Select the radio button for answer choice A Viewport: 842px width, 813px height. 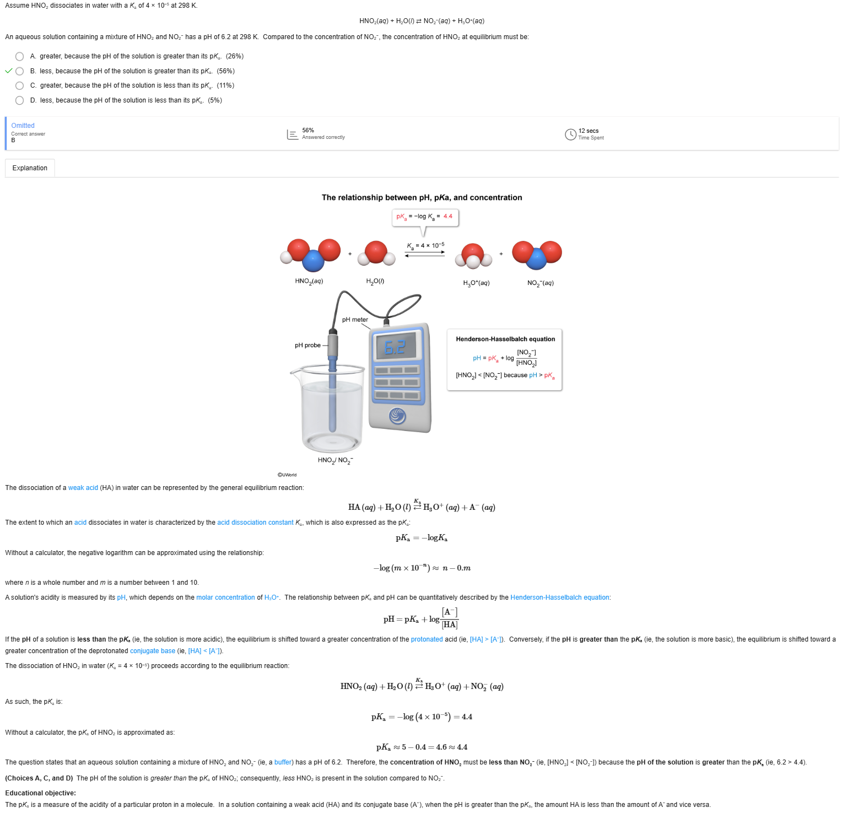(20, 56)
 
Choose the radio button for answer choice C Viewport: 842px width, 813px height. (20, 85)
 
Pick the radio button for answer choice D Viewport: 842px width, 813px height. (20, 100)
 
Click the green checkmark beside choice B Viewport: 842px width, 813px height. (8, 71)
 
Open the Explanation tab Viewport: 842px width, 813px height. (30, 168)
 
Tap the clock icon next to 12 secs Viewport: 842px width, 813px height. (570, 134)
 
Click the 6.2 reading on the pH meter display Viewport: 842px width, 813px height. (395, 347)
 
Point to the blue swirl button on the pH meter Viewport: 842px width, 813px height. (397, 416)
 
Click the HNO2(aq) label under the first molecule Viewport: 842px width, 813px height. (309, 281)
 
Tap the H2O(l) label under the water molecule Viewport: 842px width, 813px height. (375, 281)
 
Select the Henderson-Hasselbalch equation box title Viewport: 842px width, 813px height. (505, 339)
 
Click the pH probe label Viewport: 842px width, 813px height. (307, 346)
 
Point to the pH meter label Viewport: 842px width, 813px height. (355, 320)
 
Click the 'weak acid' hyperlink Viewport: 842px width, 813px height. (83, 488)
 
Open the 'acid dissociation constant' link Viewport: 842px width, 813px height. (255, 523)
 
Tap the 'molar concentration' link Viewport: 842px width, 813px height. (225, 597)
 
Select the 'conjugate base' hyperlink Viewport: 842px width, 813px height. (153, 651)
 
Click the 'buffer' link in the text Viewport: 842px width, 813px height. (283, 762)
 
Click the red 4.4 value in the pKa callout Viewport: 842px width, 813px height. (447, 216)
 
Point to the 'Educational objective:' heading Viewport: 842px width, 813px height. (41, 793)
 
